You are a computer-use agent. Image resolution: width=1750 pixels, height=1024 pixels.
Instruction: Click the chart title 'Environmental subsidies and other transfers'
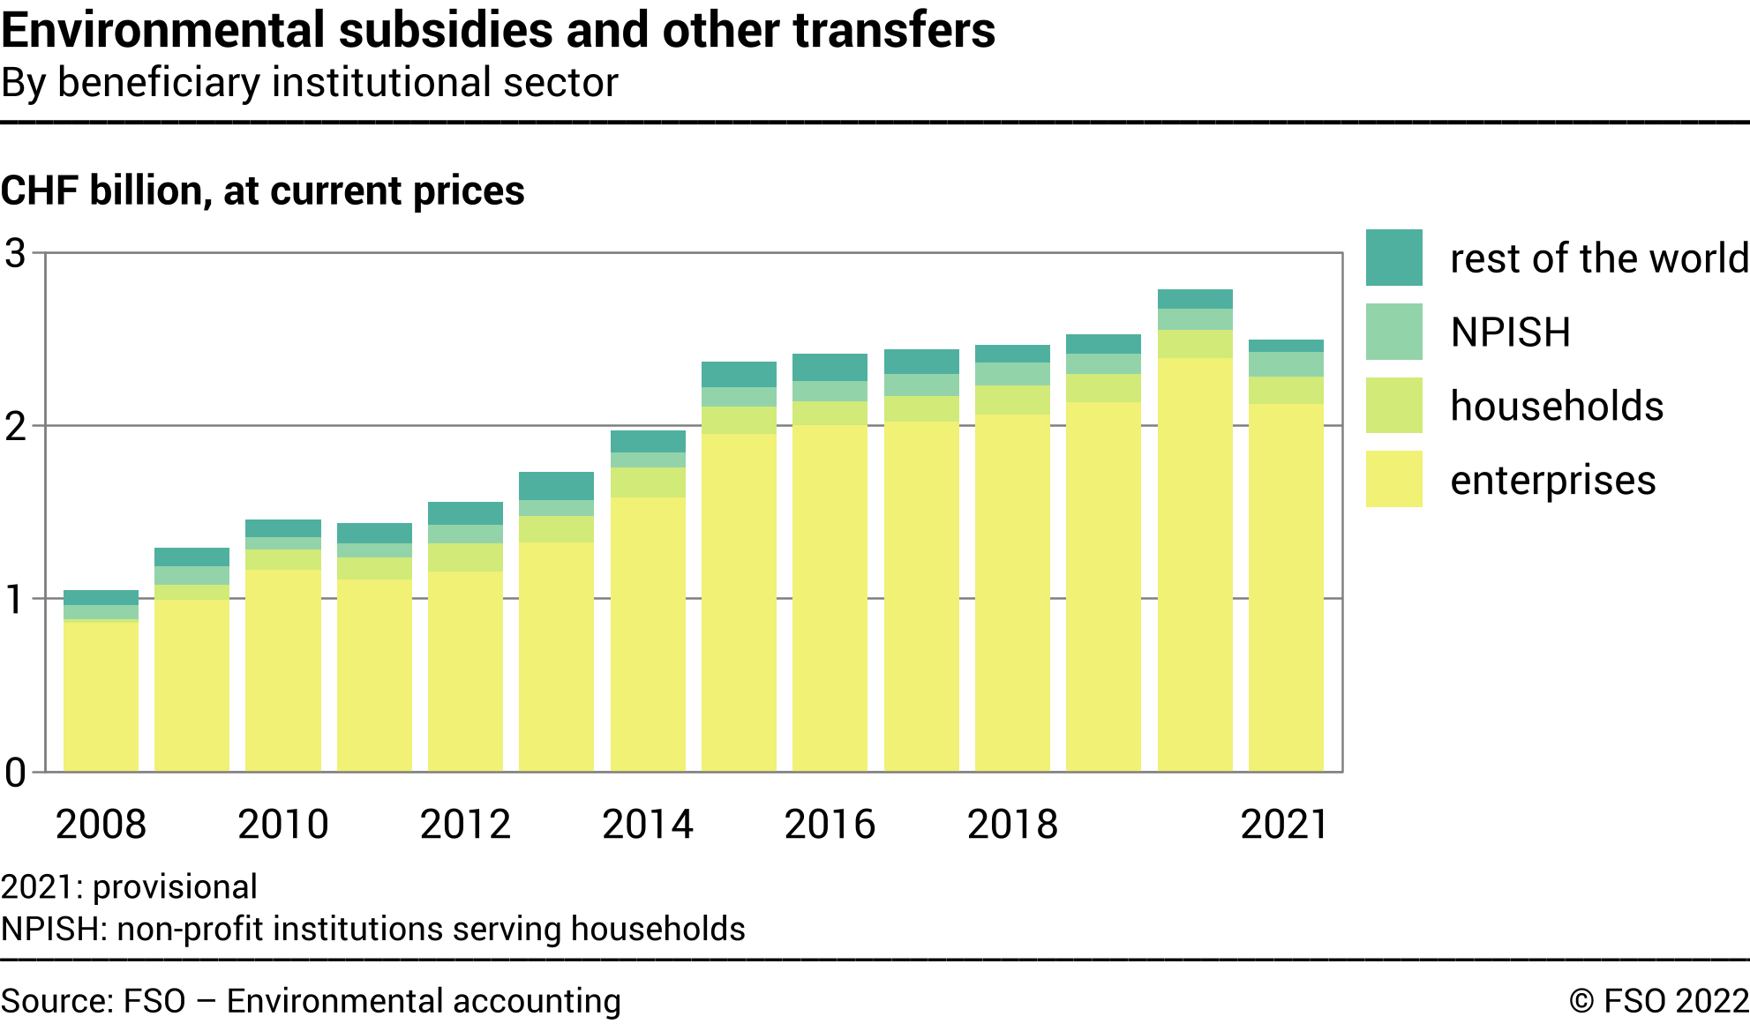[x=498, y=30]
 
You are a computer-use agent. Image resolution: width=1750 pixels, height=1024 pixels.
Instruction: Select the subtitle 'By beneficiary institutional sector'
[x=310, y=83]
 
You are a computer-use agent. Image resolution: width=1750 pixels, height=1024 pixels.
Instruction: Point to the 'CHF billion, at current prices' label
[x=263, y=191]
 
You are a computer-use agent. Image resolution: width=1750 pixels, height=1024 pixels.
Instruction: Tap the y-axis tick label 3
[x=16, y=254]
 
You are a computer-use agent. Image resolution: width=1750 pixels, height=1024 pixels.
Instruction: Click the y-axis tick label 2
[x=16, y=427]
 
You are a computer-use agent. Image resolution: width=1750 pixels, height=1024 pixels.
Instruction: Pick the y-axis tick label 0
[x=16, y=774]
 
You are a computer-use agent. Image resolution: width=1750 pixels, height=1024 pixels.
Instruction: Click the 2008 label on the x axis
[x=101, y=825]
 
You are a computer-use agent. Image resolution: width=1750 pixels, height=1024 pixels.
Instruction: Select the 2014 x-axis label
[x=648, y=825]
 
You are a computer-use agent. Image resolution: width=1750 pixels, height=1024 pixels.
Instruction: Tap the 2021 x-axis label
[x=1284, y=825]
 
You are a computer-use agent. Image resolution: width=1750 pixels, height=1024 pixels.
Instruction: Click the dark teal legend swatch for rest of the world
[x=1393, y=258]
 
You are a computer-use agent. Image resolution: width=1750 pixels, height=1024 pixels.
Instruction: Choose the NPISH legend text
[x=1510, y=333]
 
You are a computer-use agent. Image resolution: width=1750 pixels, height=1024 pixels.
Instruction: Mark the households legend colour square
[x=1393, y=406]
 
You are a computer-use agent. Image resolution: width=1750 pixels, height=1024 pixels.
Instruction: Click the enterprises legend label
[x=1552, y=481]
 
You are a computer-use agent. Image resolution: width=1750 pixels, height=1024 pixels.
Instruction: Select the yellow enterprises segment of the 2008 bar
[x=101, y=697]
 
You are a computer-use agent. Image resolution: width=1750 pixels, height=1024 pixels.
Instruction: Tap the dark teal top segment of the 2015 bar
[x=739, y=374]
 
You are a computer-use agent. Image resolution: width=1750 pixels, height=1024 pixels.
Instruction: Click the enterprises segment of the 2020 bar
[x=1195, y=564]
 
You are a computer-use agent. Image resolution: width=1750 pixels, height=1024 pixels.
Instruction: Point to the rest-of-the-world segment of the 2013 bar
[x=556, y=486]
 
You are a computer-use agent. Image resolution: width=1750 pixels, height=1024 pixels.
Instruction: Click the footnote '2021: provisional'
[x=129, y=887]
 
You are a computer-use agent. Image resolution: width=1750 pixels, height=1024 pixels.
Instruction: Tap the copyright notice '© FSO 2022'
[x=1658, y=1002]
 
